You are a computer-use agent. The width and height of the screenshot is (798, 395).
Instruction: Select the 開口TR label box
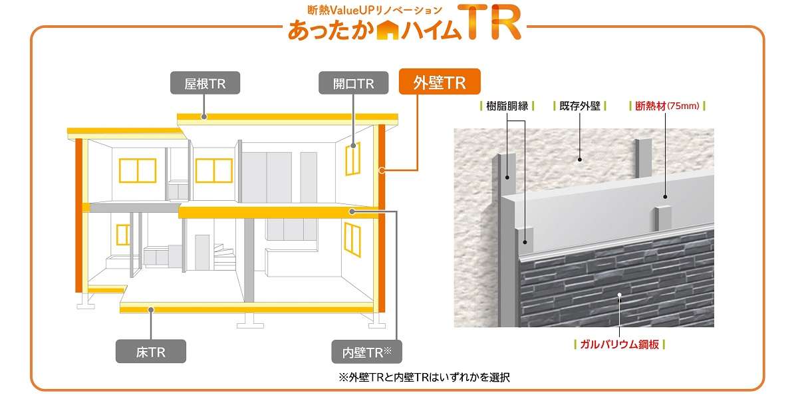pos(354,84)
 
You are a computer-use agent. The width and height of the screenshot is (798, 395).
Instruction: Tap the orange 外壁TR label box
pos(439,83)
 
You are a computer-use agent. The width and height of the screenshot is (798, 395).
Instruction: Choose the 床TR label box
pos(150,351)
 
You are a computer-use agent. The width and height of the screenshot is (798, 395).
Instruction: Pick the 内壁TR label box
pos(367,351)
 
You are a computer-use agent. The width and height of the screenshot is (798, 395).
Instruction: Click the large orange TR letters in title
pos(493,24)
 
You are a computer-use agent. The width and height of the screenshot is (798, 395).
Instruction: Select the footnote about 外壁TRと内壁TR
pos(424,377)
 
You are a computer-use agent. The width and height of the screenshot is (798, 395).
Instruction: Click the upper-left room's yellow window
pos(138,170)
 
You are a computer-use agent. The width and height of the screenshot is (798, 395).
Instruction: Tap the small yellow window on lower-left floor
pos(123,234)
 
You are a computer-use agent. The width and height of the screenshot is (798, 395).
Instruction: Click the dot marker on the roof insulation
pos(203,117)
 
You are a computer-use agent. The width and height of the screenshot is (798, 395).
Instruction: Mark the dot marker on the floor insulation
pos(152,309)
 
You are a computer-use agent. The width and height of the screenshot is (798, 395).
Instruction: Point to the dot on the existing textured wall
pos(580,159)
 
